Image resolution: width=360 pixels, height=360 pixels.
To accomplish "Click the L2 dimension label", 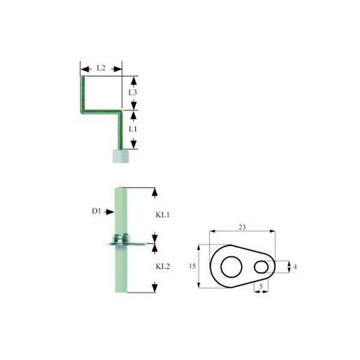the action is point(101,68).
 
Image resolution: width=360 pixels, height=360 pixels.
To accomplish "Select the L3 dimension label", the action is point(133,92).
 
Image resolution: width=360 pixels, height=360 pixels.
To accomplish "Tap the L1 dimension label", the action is point(133,129).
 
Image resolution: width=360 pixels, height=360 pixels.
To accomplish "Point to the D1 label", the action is point(97,211).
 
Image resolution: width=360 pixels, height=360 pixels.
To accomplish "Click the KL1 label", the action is point(163,215).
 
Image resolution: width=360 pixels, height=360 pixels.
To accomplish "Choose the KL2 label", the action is point(163,266).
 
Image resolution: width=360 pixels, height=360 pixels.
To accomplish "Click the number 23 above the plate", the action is point(242,227).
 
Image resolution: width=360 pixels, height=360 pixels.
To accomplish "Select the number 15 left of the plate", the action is point(192,266).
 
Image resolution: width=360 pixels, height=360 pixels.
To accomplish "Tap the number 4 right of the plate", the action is point(295,266).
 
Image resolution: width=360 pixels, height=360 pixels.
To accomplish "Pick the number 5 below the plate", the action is point(261,286).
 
